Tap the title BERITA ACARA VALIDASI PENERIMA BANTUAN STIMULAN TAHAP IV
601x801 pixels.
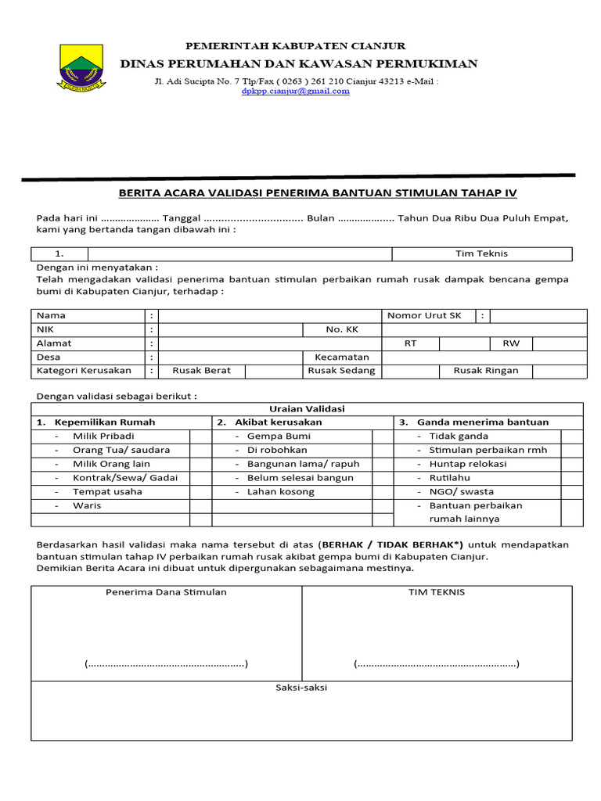317,192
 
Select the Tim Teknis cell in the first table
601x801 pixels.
481,253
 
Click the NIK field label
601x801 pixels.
45,329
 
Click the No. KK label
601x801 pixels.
342,329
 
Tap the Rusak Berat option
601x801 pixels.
201,371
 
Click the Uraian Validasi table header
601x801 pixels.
307,408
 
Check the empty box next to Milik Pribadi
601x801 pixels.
200,436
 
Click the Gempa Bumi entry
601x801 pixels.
279,436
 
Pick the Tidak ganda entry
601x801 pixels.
459,436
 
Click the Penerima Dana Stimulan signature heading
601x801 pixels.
166,592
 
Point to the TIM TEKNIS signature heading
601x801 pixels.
437,592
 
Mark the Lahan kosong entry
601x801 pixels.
280,491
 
